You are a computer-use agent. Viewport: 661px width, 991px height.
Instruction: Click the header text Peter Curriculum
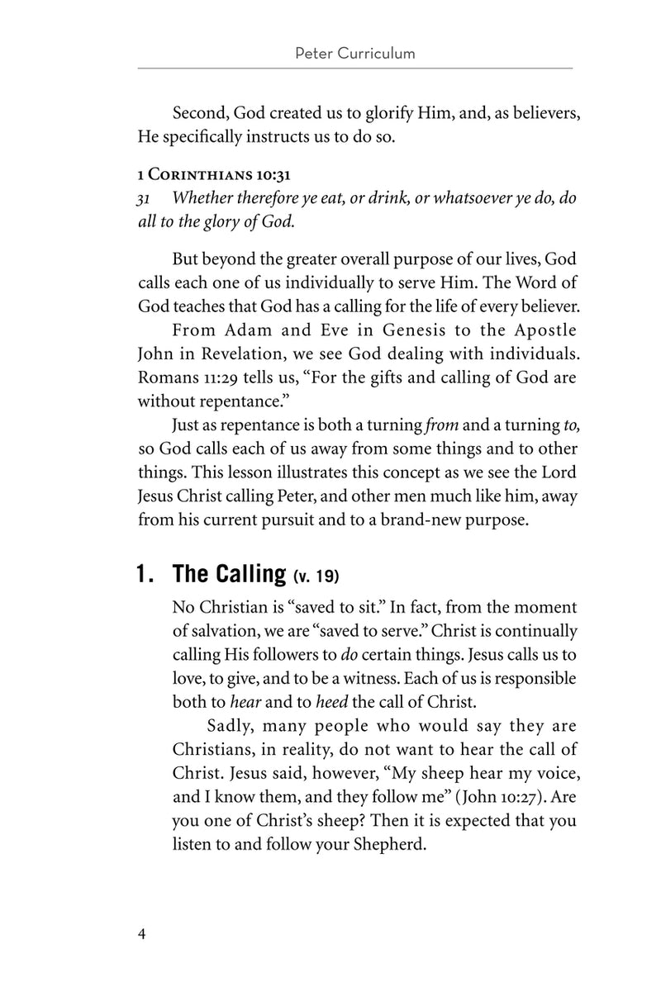(x=354, y=55)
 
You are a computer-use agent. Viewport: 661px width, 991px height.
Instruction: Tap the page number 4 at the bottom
(x=143, y=934)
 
